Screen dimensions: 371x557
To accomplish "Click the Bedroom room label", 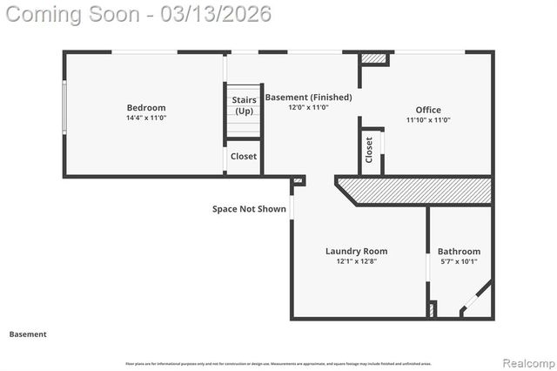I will click(x=145, y=108).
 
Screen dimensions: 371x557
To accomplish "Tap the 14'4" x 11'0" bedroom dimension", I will click(x=145, y=118).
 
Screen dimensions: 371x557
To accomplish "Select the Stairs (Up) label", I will click(x=244, y=105).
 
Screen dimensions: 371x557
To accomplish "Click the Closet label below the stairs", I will click(x=244, y=157).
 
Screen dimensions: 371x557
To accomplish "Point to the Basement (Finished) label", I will click(x=308, y=98).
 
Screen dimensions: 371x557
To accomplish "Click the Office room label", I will click(x=427, y=110).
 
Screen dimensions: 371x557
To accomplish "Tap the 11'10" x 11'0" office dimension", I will click(x=427, y=120).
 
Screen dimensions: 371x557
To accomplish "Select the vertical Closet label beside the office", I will click(x=370, y=150).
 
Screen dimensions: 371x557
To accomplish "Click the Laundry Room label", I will click(x=357, y=251).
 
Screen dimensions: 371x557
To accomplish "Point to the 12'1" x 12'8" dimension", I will click(x=357, y=261).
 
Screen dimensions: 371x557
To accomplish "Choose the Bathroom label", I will click(x=459, y=252).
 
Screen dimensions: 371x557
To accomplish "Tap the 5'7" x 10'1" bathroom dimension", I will click(x=459, y=261).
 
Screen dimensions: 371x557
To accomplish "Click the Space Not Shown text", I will click(x=249, y=209).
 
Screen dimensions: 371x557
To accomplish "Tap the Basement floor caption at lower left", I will click(x=28, y=334).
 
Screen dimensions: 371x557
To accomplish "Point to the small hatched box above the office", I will click(x=375, y=58).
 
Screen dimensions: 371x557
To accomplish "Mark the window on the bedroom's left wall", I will click(x=64, y=114).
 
